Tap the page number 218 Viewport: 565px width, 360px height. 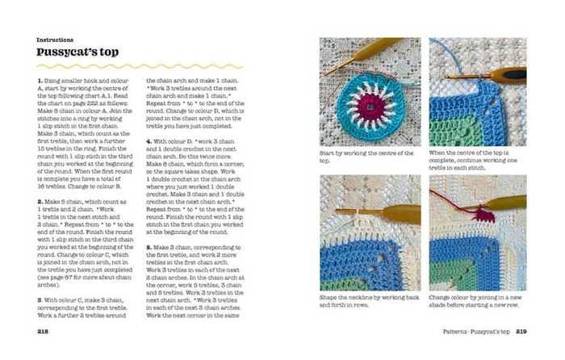pyautogui.click(x=44, y=331)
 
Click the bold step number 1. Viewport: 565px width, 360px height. pyautogui.click(x=39, y=82)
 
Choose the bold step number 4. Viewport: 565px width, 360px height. pyautogui.click(x=148, y=140)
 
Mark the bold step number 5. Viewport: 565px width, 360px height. pyautogui.click(x=148, y=245)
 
